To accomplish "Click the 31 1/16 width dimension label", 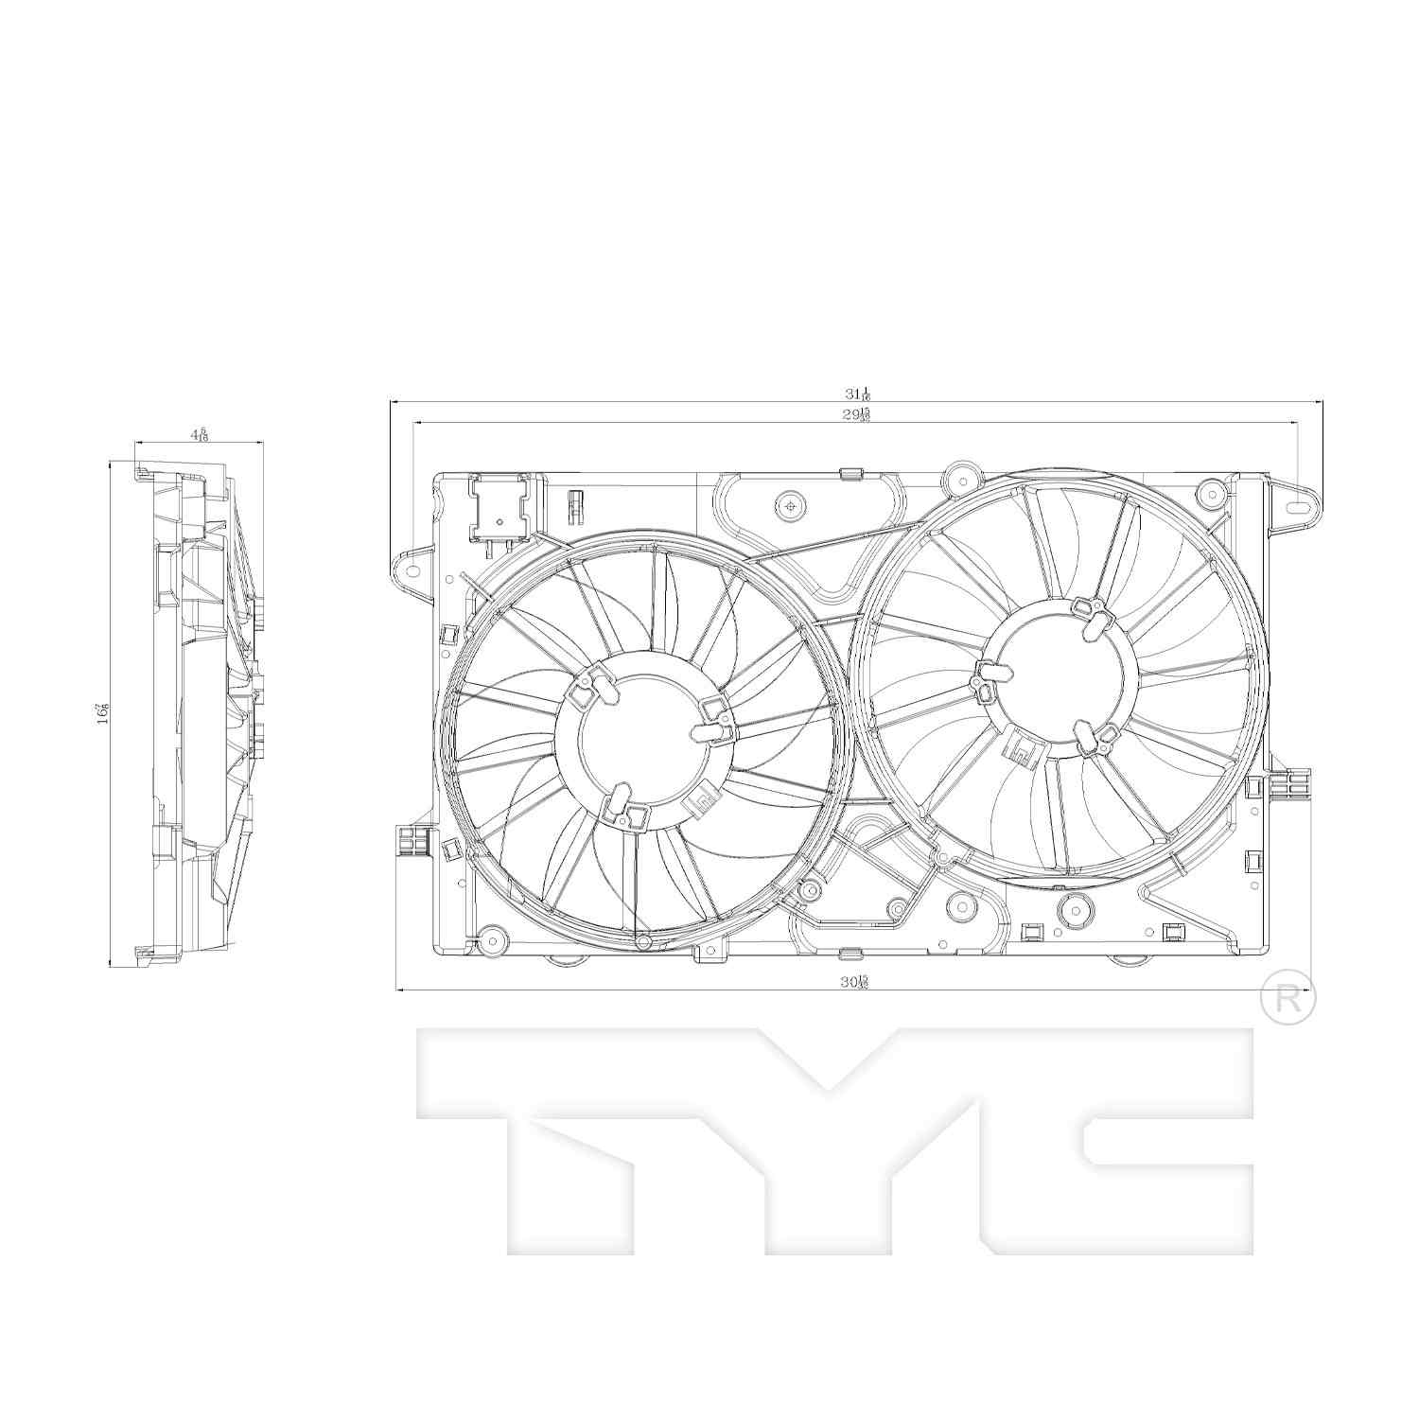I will tap(858, 394).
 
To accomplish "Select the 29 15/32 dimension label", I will tap(858, 415).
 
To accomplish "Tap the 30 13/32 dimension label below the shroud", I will tap(854, 982).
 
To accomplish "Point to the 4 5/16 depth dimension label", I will tap(199, 434).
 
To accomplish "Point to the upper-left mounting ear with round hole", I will tap(412, 569).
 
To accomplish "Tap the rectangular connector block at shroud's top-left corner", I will tap(498, 509).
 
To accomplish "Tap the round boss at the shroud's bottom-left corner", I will tap(493, 936).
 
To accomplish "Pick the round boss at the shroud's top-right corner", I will tap(1207, 492).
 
